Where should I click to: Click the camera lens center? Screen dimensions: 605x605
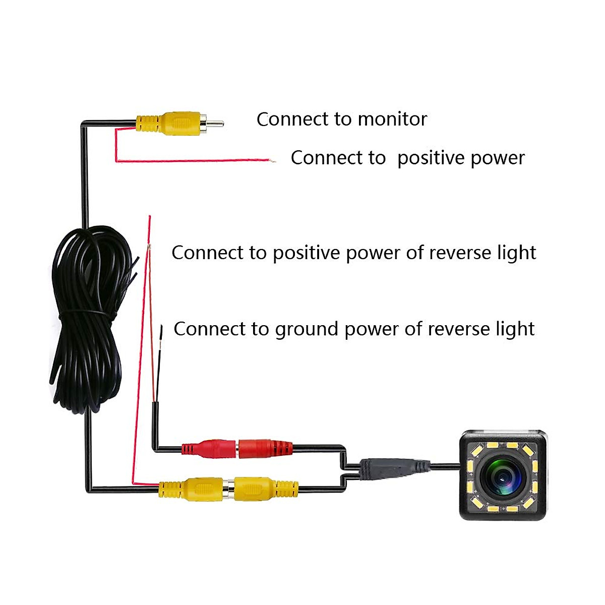503,475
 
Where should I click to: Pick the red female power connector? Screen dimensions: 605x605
265,448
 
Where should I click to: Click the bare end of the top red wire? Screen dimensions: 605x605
273,161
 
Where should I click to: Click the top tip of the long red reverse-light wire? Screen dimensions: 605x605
149,217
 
